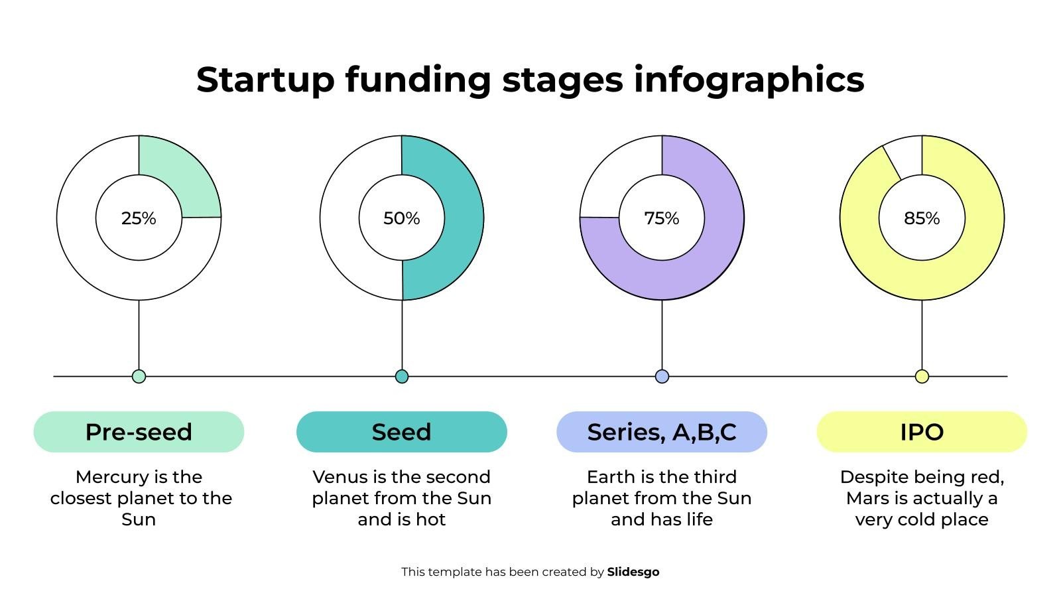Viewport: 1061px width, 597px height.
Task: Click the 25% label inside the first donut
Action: [139, 218]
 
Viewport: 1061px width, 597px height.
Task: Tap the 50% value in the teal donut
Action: [402, 218]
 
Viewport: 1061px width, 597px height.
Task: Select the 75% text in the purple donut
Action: [662, 218]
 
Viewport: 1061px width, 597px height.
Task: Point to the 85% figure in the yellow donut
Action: [922, 218]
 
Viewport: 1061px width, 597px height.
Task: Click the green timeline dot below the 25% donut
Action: [139, 377]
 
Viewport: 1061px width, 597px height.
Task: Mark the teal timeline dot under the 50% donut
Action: [402, 377]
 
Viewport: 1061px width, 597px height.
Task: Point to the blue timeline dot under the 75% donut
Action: [662, 377]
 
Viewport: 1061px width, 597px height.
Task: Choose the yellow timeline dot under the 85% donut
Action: [922, 377]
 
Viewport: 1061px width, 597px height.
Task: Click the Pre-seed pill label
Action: [139, 432]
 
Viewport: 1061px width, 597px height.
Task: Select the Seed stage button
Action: [402, 432]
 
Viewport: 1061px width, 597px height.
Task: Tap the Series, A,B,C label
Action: [662, 432]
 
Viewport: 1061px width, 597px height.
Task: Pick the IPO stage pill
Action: [922, 432]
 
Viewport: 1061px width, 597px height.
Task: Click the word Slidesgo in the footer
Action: [633, 572]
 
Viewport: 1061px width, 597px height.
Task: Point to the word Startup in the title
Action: [266, 80]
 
